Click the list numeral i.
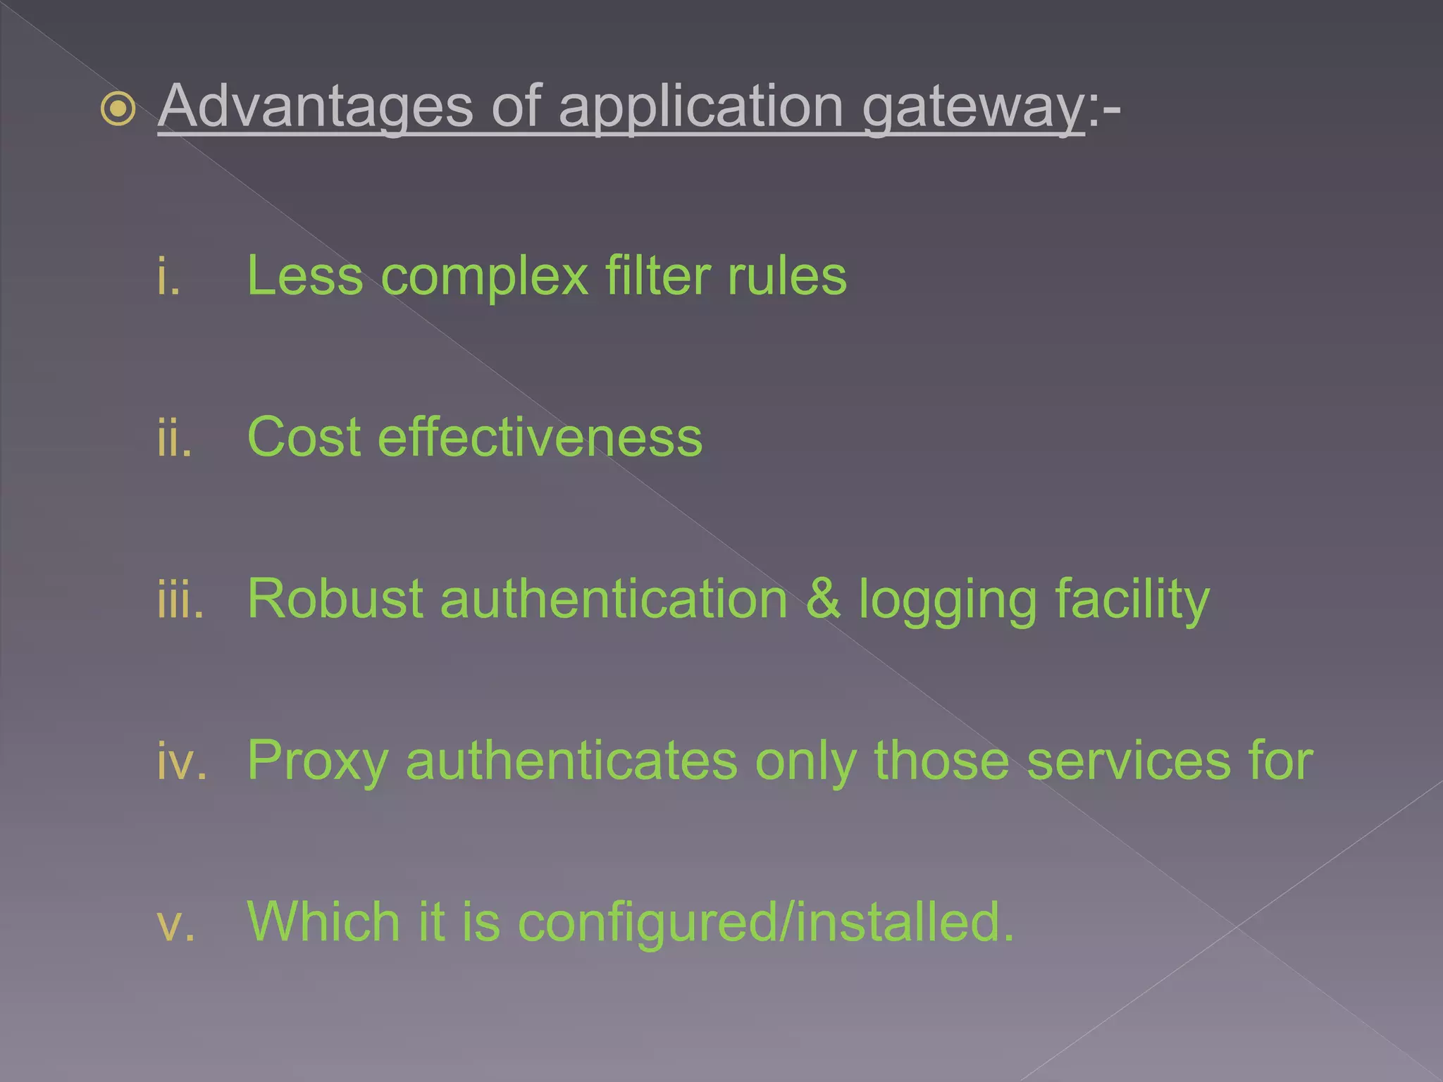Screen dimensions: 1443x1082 (168, 276)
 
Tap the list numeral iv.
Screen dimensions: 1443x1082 (182, 761)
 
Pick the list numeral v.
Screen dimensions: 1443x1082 (175, 924)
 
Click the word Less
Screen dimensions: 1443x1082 (305, 275)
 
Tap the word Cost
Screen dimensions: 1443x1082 (304, 437)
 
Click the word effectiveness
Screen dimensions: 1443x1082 (540, 437)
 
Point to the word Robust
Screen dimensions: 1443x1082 (335, 599)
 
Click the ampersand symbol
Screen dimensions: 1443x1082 (823, 599)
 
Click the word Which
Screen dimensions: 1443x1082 (323, 922)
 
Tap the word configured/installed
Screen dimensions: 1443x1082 (766, 924)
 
